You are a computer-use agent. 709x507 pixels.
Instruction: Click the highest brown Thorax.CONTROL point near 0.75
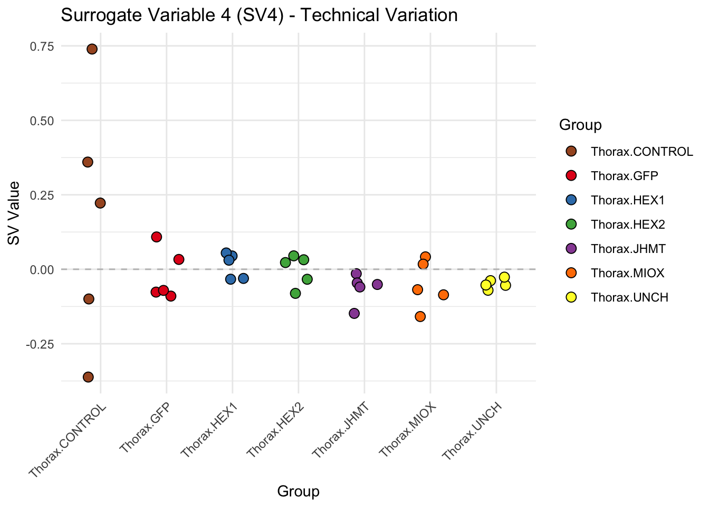click(x=92, y=49)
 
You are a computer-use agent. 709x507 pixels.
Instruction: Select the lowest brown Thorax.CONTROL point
click(x=88, y=377)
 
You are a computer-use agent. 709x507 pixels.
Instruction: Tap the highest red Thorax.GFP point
click(x=157, y=237)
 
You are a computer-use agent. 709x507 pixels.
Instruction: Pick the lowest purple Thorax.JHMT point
click(x=354, y=313)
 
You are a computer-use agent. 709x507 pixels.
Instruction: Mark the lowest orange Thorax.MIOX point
click(x=420, y=316)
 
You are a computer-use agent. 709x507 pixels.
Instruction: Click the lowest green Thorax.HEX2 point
click(x=295, y=293)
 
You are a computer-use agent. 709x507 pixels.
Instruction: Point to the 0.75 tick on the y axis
click(x=42, y=46)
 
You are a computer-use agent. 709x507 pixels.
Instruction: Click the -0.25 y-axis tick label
click(x=41, y=344)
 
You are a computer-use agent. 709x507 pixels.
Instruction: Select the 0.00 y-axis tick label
click(x=42, y=269)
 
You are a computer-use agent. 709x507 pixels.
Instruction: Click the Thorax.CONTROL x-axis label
click(x=68, y=442)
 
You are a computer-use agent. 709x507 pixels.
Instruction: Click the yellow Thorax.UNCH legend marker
click(x=571, y=297)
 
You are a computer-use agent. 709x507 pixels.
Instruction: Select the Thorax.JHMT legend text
click(x=628, y=249)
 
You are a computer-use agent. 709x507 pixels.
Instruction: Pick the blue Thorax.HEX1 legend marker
click(x=571, y=200)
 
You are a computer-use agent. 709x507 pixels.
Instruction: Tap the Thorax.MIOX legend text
click(x=628, y=273)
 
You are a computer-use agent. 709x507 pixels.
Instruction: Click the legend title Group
click(x=580, y=125)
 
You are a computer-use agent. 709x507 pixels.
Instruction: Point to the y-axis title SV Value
click(x=14, y=213)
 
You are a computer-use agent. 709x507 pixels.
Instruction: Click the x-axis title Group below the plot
click(x=298, y=492)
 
